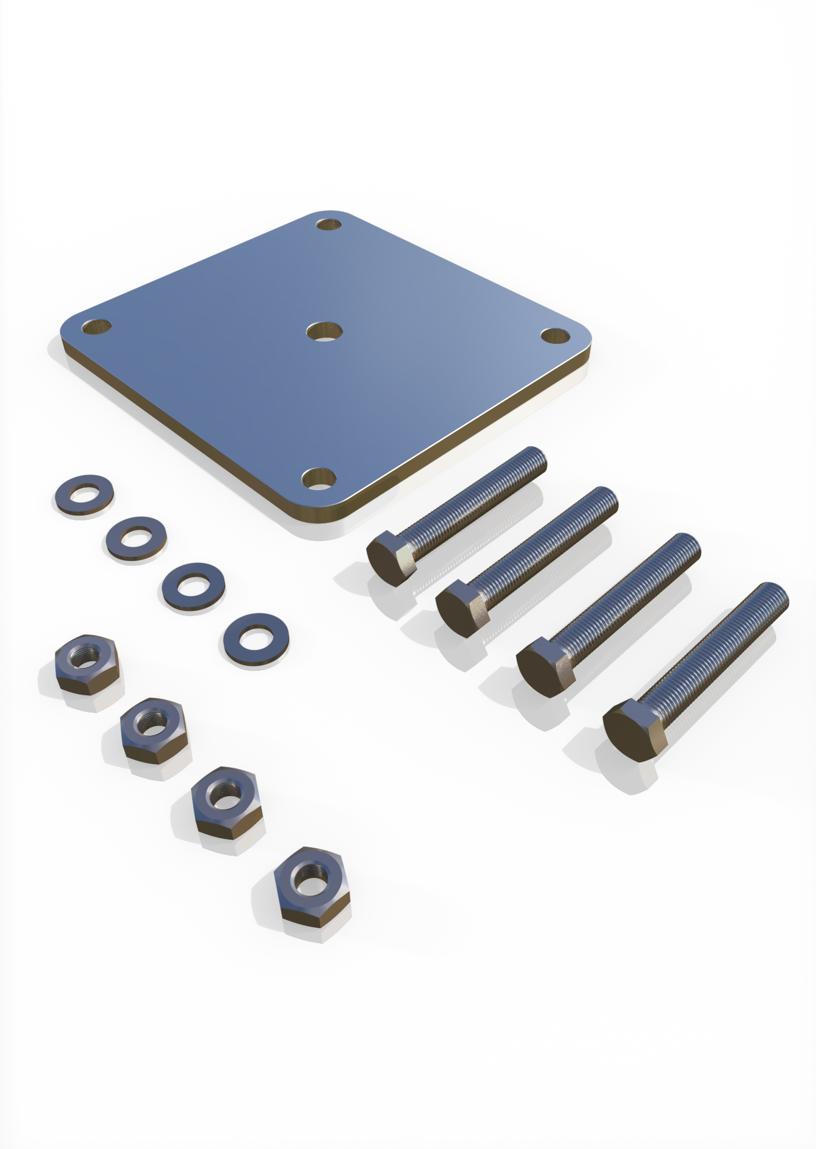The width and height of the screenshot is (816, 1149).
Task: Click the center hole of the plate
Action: click(325, 331)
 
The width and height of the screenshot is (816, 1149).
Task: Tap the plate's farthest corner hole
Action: click(328, 225)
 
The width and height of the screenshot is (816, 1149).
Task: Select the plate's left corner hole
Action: click(96, 327)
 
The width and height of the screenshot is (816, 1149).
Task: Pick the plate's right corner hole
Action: click(555, 335)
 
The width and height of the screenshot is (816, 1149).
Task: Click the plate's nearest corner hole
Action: click(319, 478)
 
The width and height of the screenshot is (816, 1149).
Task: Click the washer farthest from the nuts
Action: click(84, 495)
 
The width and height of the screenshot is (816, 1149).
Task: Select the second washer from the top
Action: click(136, 538)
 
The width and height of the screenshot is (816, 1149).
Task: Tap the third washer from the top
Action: click(193, 587)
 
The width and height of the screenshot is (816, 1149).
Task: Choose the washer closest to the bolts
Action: click(256, 640)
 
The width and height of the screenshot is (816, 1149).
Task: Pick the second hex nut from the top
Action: click(152, 729)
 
